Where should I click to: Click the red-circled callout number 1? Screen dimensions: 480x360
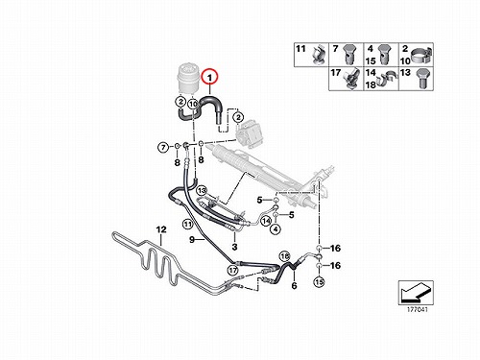point(210,77)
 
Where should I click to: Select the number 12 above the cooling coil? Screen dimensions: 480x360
point(161,229)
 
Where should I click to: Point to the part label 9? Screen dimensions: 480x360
point(192,239)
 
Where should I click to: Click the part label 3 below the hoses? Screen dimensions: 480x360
point(234,247)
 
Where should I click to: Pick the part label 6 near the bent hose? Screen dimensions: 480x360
point(294,285)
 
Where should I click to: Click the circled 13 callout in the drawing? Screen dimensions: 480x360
point(202,191)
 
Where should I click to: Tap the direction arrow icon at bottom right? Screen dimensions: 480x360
point(416,293)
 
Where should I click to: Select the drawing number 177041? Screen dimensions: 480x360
point(418,310)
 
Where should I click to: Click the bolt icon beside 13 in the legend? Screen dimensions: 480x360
point(421,78)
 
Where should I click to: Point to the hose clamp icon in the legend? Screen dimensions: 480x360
point(421,55)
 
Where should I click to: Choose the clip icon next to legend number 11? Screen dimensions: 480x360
point(319,54)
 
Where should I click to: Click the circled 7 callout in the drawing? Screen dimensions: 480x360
point(163,148)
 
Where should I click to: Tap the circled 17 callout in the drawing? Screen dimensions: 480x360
point(233,271)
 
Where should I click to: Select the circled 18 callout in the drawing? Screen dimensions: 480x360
point(285,256)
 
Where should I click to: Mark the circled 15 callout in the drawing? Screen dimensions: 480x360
point(319,281)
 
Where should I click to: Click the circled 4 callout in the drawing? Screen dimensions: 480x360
point(276,228)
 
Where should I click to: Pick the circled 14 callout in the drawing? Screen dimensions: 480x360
point(266,221)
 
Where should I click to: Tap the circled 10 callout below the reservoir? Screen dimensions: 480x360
point(193,104)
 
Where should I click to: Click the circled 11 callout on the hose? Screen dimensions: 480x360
point(187,224)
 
